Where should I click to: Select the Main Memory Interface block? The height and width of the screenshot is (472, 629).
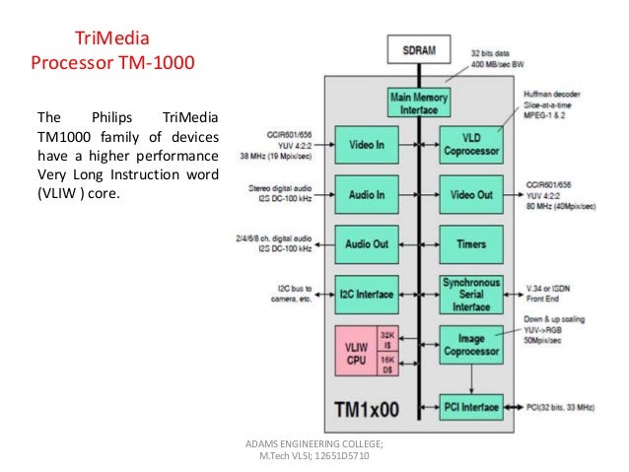point(418,102)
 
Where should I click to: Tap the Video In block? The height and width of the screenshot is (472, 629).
point(367,145)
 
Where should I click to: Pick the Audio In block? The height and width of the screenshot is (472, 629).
point(367,194)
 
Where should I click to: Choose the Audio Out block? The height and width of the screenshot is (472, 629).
point(367,243)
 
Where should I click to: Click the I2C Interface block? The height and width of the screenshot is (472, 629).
point(367,294)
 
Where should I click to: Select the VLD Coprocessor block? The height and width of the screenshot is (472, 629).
point(469,145)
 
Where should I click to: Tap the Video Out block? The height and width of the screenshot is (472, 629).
point(469,194)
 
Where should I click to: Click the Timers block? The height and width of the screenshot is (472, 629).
point(469,243)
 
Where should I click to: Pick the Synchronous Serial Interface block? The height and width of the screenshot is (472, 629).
point(469,294)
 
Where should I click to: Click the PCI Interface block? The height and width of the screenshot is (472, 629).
point(469,405)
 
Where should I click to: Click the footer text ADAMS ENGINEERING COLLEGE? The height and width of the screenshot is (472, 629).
point(314,445)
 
